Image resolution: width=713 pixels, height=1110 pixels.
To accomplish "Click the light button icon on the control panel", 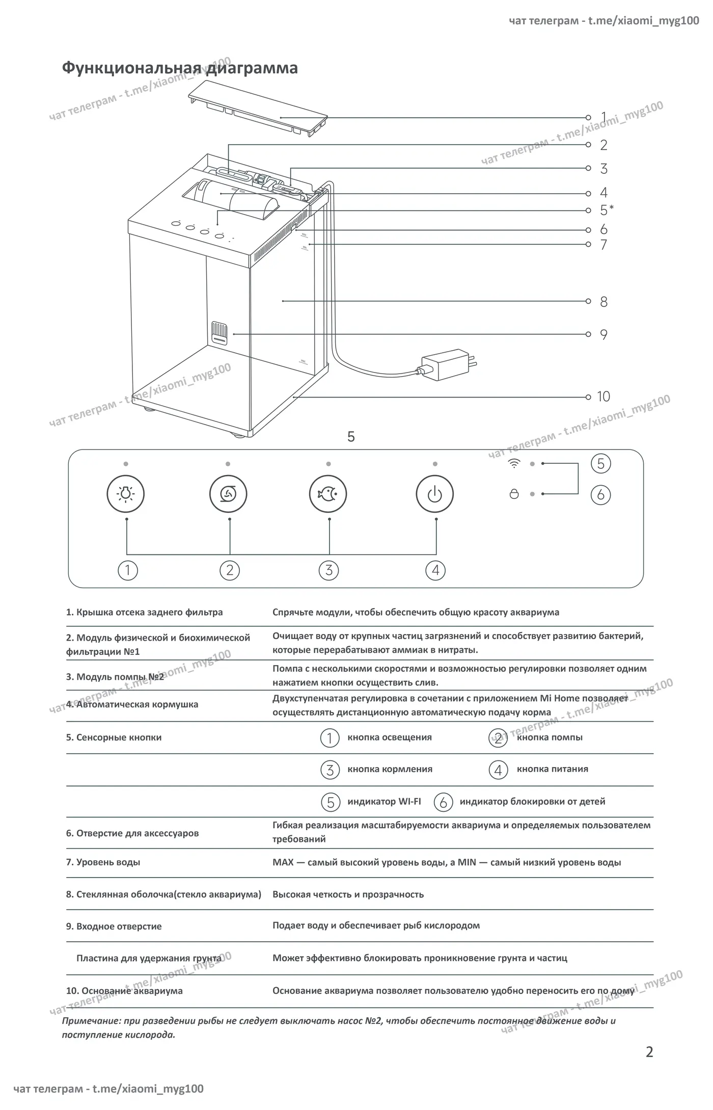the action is (x=126, y=494).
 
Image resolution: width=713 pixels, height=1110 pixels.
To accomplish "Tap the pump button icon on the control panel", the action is (x=228, y=494).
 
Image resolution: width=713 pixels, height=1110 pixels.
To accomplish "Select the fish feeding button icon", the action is (x=328, y=494).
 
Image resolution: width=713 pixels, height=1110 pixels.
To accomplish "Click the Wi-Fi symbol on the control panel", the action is (x=514, y=463).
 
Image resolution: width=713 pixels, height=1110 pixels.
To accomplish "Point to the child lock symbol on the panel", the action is (x=514, y=494).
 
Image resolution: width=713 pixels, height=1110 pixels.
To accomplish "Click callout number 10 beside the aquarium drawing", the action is (x=604, y=397).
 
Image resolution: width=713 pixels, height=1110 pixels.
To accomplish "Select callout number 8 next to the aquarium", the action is (x=604, y=302).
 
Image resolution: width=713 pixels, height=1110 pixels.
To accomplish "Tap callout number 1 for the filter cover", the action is (x=604, y=117).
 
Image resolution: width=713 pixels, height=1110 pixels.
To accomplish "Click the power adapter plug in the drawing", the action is (x=448, y=365).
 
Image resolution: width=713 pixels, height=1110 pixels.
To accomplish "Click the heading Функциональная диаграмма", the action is (x=180, y=68).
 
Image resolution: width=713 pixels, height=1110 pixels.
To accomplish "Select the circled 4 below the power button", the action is (x=435, y=570).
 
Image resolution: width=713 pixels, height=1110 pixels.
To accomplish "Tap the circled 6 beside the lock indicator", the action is (x=601, y=495).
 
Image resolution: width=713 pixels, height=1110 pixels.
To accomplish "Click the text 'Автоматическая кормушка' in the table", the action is (x=137, y=704).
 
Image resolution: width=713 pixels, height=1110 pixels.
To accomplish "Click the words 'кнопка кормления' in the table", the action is (x=390, y=769).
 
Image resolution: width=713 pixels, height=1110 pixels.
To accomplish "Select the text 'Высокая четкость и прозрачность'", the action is (x=348, y=894).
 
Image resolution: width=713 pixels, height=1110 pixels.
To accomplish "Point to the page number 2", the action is (x=649, y=1052).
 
